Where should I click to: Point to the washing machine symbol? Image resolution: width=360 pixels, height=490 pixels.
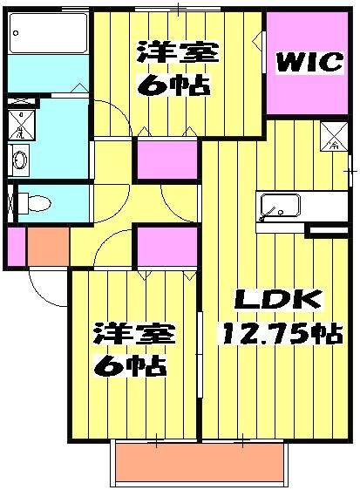click(21, 120)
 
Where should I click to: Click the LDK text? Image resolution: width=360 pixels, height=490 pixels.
click(277, 301)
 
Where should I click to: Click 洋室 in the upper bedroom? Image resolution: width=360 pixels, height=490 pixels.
click(177, 53)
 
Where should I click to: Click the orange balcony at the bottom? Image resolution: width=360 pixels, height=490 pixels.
click(199, 462)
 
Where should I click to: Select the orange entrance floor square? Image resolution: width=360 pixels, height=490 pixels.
click(49, 246)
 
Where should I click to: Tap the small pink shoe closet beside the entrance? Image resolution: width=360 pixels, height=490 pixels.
click(16, 246)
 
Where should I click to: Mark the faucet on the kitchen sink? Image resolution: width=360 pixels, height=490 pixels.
click(272, 212)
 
